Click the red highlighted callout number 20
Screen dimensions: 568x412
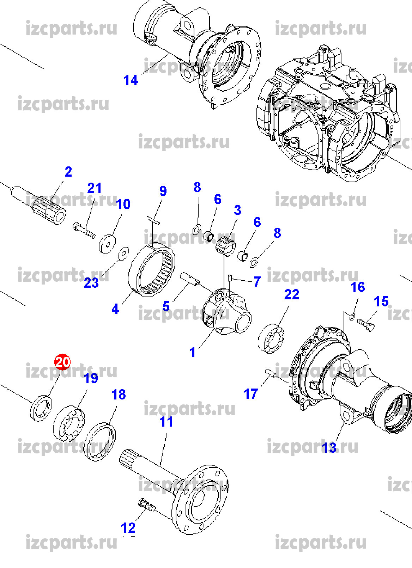pos(62,362)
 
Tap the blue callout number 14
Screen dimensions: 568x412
pos(131,80)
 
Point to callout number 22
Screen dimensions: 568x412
pos(291,294)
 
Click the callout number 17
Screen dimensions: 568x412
pos(250,394)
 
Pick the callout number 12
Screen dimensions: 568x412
pos(128,528)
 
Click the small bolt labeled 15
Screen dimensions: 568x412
pos(365,323)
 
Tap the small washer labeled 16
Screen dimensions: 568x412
pos(352,316)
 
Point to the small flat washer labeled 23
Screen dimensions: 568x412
pos(123,253)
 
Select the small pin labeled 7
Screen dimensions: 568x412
pos(230,278)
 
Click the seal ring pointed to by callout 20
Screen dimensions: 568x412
pos(41,408)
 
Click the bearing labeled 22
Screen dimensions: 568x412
pos(271,338)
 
